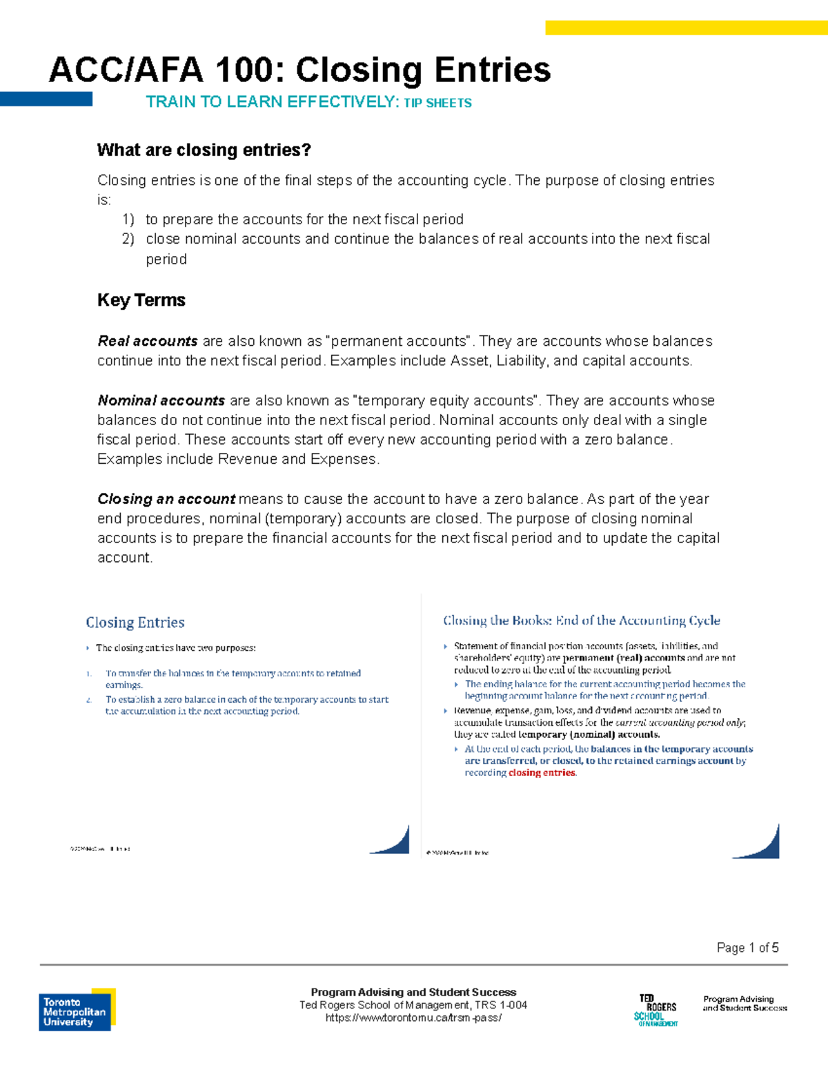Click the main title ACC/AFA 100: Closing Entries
[x=299, y=70]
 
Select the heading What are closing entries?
[x=204, y=150]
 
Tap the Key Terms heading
[x=141, y=300]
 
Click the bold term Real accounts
[x=148, y=341]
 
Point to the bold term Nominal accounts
[x=161, y=400]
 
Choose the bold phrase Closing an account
[x=166, y=499]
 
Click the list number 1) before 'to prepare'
[x=128, y=220]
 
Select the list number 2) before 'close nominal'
[x=128, y=239]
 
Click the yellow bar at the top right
[x=686, y=28]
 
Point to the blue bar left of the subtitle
[x=46, y=99]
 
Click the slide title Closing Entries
[x=135, y=623]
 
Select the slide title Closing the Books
[x=581, y=621]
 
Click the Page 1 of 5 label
[x=747, y=948]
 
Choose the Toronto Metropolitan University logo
[x=77, y=1011]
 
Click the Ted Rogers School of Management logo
[x=656, y=1011]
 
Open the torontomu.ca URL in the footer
[x=413, y=1017]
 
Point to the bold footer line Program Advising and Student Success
[x=413, y=992]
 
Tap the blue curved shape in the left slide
[x=395, y=842]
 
